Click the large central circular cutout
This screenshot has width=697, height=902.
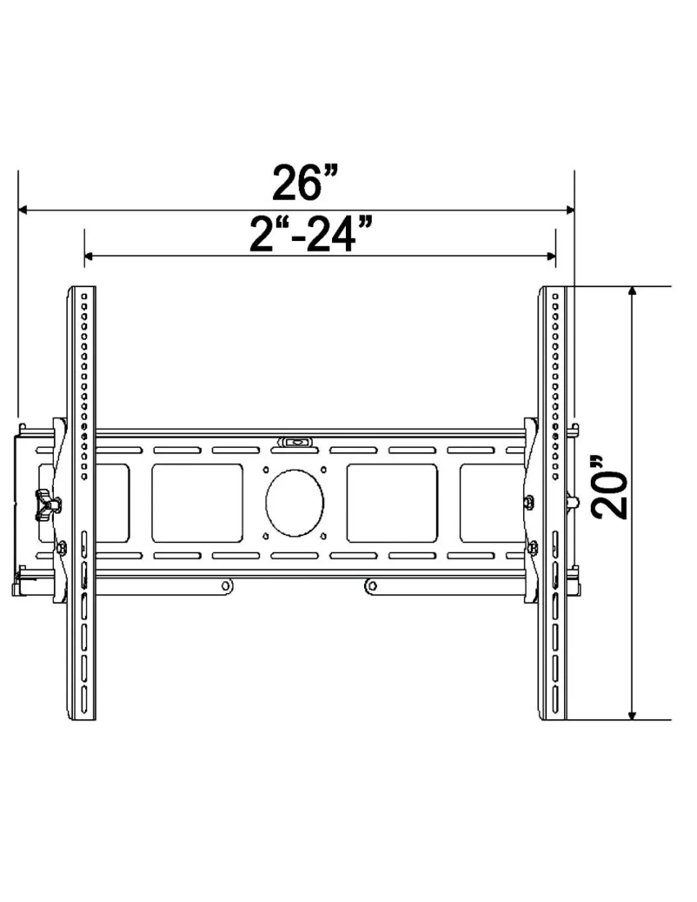[x=295, y=504]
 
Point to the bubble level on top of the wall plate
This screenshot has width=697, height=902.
[x=295, y=443]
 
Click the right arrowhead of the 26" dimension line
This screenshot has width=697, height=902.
[x=568, y=210]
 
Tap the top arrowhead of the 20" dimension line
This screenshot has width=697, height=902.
[x=633, y=293]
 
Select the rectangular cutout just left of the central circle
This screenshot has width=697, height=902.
[x=197, y=504]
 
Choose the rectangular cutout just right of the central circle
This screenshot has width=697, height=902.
[x=392, y=504]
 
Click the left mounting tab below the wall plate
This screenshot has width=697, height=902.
[x=225, y=586]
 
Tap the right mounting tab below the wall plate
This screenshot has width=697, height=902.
[x=370, y=586]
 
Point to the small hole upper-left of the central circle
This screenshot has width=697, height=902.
[x=266, y=471]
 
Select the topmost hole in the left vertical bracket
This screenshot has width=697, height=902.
[x=83, y=297]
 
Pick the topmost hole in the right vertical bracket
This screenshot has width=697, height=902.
[x=553, y=297]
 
